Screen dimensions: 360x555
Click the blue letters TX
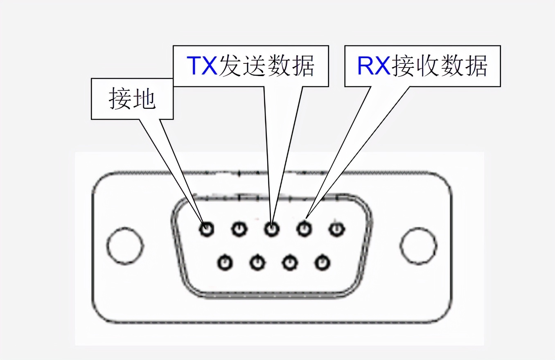202,66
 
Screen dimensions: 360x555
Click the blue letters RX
374,66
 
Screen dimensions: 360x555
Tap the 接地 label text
132,99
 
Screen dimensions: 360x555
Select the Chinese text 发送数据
266,66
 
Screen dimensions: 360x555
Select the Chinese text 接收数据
440,66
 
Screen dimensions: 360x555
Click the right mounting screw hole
418,245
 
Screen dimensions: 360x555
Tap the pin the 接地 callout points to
207,229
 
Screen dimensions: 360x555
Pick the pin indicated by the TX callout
271,229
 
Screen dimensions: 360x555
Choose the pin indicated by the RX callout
303,229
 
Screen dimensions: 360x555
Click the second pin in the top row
239,229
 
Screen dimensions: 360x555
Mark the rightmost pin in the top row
336,229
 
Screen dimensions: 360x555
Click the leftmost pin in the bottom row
225,262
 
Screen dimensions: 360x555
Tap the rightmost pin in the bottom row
322,262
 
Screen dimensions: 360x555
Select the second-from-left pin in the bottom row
257,262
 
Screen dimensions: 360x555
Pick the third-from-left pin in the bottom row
289,262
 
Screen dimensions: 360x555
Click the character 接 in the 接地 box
120,99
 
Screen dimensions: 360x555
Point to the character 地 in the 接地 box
144,99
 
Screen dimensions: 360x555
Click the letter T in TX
194,66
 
